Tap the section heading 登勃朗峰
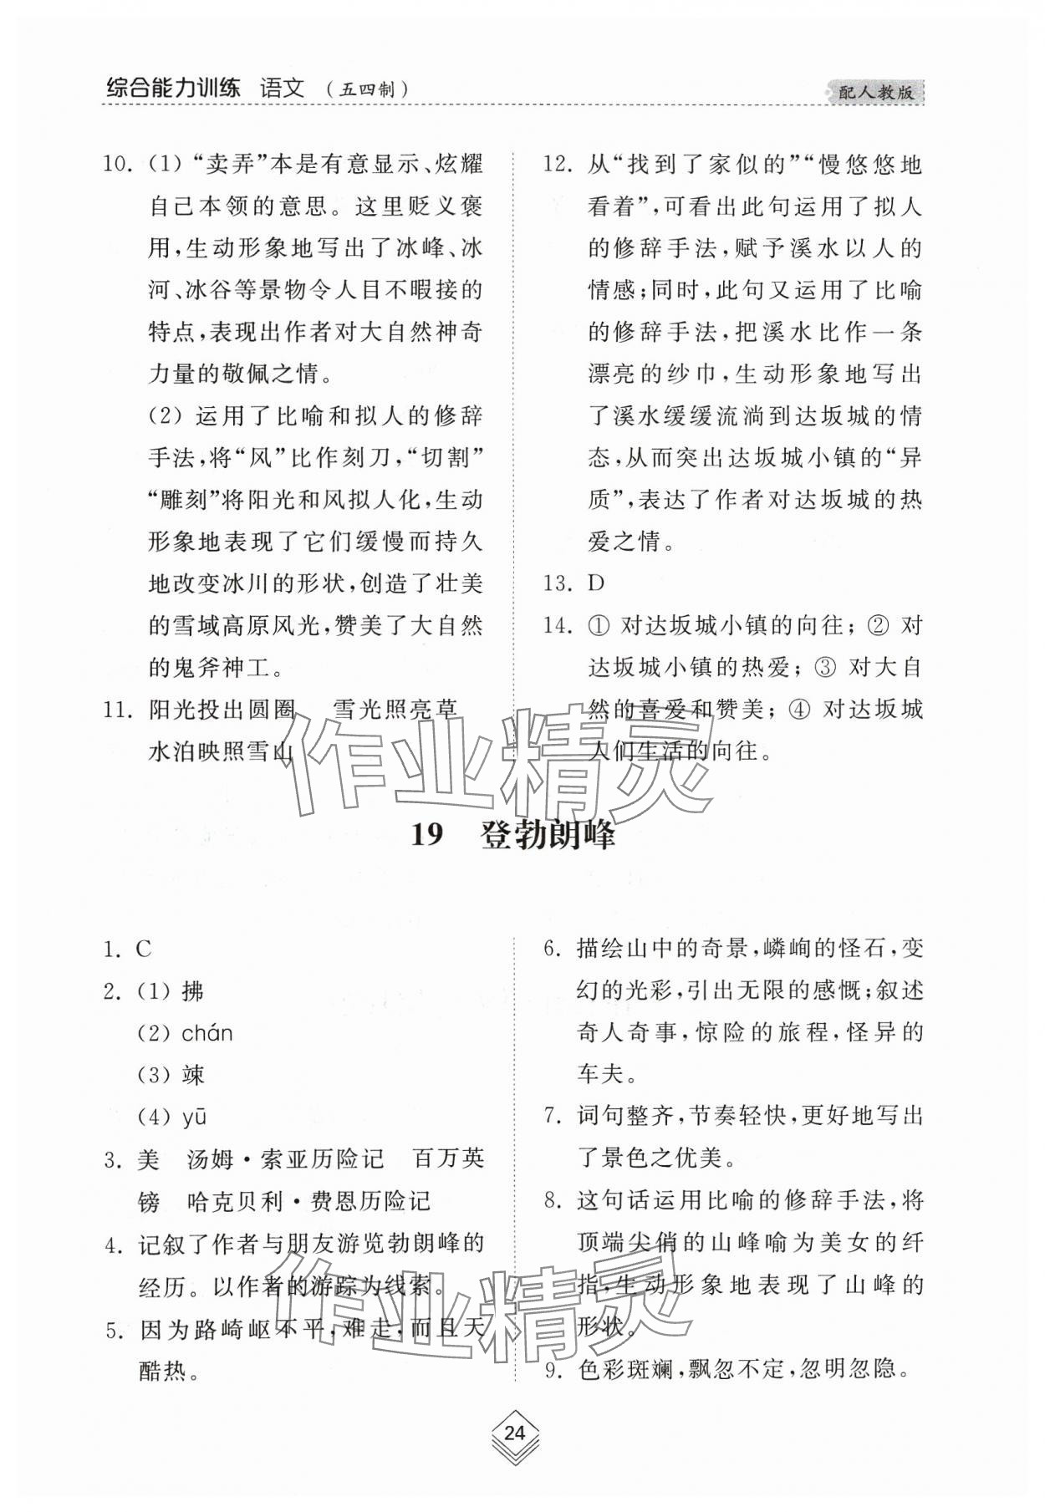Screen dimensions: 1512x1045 pyautogui.click(x=548, y=835)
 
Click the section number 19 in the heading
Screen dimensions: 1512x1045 pyautogui.click(x=427, y=835)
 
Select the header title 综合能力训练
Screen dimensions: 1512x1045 pyautogui.click(x=173, y=88)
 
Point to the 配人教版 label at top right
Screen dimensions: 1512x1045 pyautogui.click(x=876, y=93)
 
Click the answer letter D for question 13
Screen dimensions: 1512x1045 pyautogui.click(x=596, y=583)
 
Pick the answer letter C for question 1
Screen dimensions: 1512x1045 pyautogui.click(x=143, y=949)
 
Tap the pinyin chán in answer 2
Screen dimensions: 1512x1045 pyautogui.click(x=207, y=1033)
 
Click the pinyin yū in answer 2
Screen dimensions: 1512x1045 pyautogui.click(x=194, y=1117)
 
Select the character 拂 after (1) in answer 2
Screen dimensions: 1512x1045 pyautogui.click(x=193, y=991)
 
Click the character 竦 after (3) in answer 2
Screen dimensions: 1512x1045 pyautogui.click(x=193, y=1075)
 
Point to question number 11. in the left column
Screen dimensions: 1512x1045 pyautogui.click(x=118, y=710)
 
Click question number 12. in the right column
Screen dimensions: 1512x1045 pyautogui.click(x=557, y=164)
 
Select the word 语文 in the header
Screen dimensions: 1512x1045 pyautogui.click(x=282, y=88)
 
